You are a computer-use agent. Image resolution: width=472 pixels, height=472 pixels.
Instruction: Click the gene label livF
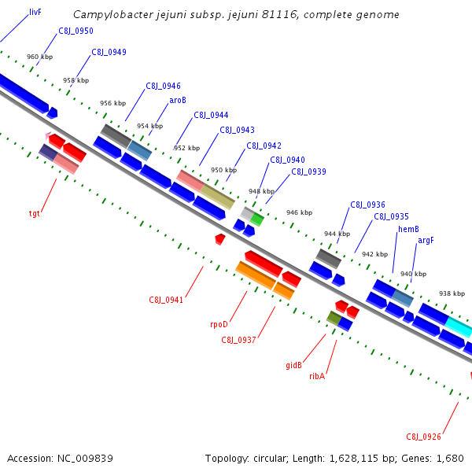coord(35,13)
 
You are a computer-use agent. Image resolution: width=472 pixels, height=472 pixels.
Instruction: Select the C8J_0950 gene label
coord(76,31)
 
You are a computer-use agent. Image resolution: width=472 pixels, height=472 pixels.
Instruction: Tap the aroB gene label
coord(178,101)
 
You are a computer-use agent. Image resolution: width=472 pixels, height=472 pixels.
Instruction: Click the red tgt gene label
coord(35,213)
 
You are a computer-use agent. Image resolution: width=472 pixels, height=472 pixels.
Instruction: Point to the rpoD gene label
coord(219,323)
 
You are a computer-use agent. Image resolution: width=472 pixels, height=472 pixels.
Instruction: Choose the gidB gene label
coord(293,365)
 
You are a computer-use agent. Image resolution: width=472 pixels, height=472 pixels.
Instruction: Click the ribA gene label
coord(317,376)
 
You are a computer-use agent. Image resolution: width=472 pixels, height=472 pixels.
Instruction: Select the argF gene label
coord(426,241)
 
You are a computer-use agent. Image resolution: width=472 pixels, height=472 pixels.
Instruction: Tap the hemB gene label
coord(408,229)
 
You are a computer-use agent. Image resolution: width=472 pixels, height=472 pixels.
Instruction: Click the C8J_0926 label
coord(423,437)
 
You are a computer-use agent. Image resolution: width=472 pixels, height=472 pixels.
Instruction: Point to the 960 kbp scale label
coord(39,57)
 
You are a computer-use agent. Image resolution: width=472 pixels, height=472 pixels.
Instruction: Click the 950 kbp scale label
coord(223,170)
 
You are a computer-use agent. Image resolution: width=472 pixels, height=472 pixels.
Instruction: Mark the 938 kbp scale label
coord(452,293)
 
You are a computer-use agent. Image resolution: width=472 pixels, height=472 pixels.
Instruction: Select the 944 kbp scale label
coord(337,234)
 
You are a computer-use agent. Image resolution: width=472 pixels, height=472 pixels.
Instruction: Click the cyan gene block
coord(459,326)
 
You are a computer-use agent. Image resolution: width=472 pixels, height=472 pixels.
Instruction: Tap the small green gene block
coord(256,219)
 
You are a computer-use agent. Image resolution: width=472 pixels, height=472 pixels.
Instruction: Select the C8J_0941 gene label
coord(166,300)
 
